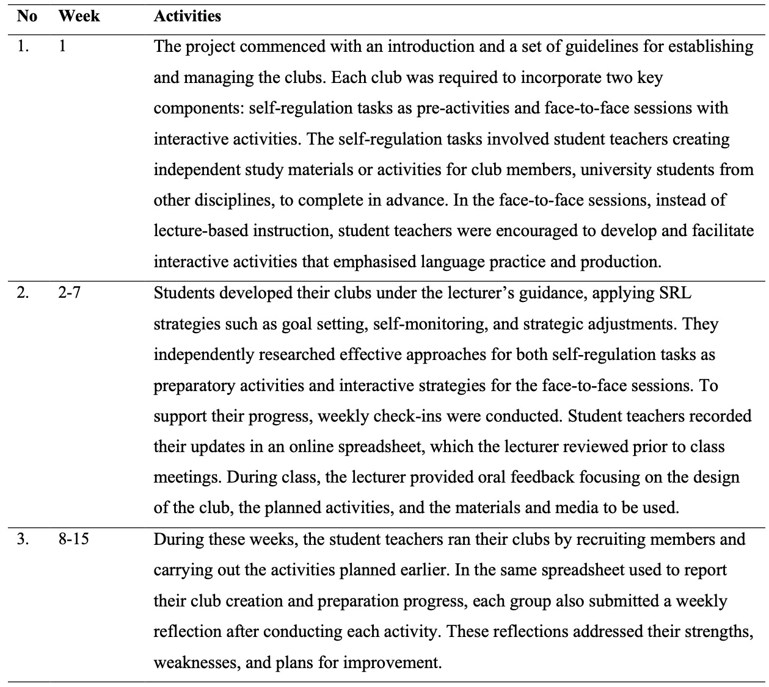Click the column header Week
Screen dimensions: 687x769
coord(79,16)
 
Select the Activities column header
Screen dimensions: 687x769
coord(187,16)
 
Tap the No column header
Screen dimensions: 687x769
coord(27,16)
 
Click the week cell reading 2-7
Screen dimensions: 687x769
coord(69,293)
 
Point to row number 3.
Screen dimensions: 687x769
coord(23,539)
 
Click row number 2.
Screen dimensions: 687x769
coord(23,293)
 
